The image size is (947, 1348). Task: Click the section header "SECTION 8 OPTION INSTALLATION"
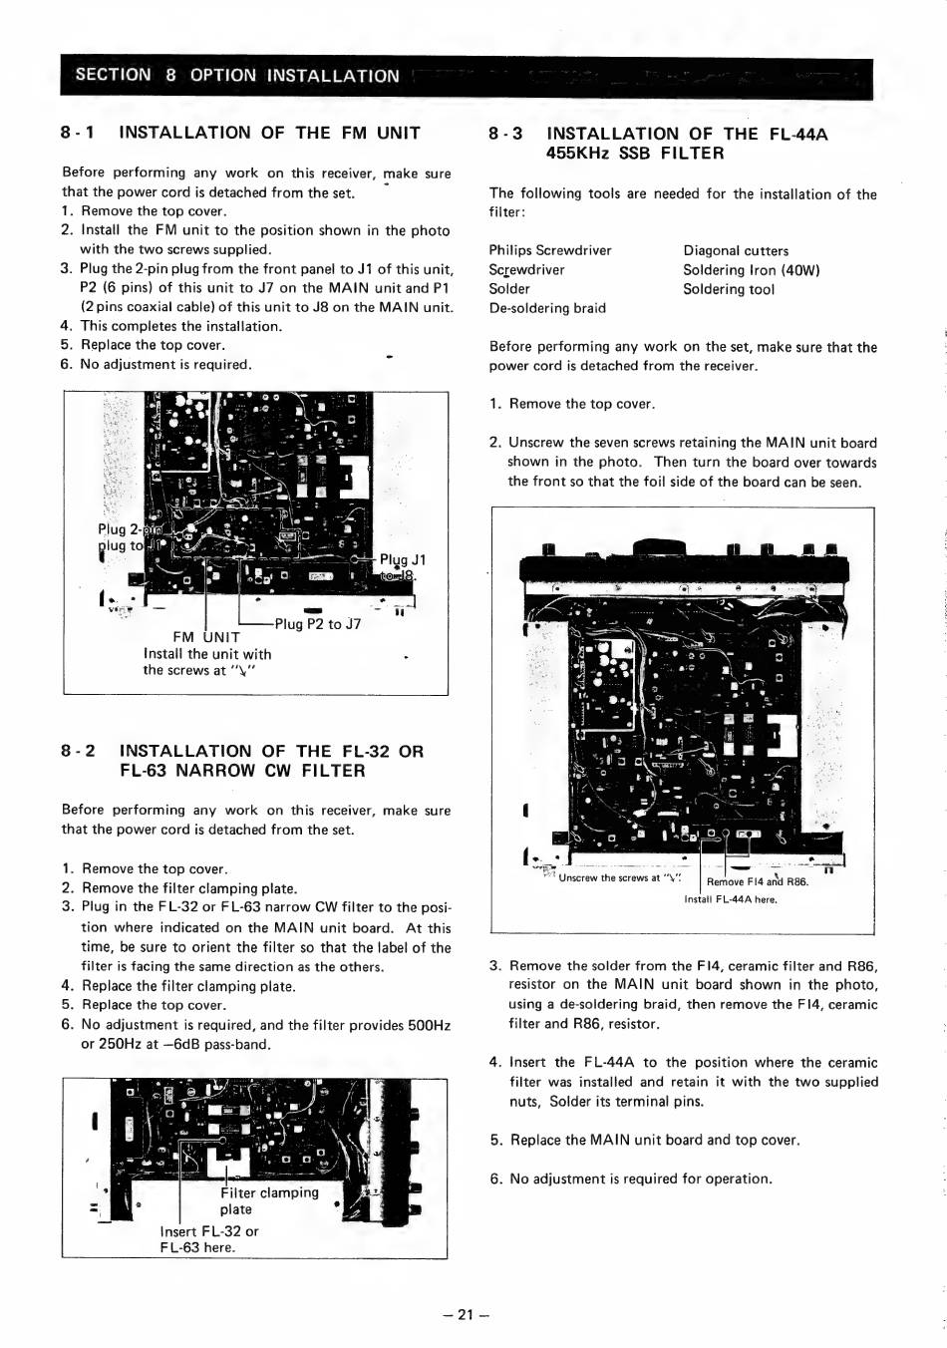point(237,76)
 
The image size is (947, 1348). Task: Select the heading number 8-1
point(78,133)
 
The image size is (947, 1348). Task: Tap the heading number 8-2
point(78,751)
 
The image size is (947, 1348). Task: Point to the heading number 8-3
point(506,134)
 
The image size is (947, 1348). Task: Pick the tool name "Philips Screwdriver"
point(550,250)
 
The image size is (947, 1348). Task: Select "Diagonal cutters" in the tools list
point(736,251)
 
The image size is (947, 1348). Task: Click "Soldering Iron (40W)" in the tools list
point(751,270)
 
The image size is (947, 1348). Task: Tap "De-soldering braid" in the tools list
point(547,308)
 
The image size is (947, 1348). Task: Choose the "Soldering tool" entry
point(728,289)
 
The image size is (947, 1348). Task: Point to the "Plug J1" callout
point(403,559)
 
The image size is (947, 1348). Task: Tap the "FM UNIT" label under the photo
point(206,637)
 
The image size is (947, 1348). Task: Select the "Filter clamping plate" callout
point(269,1200)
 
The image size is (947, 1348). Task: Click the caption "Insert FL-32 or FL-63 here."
point(208,1239)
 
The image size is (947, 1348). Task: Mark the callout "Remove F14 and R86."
point(758,881)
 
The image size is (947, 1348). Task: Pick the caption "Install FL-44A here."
point(731,899)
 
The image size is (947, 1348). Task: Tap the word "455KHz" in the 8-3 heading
point(578,154)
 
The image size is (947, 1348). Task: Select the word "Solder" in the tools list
point(509,289)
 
